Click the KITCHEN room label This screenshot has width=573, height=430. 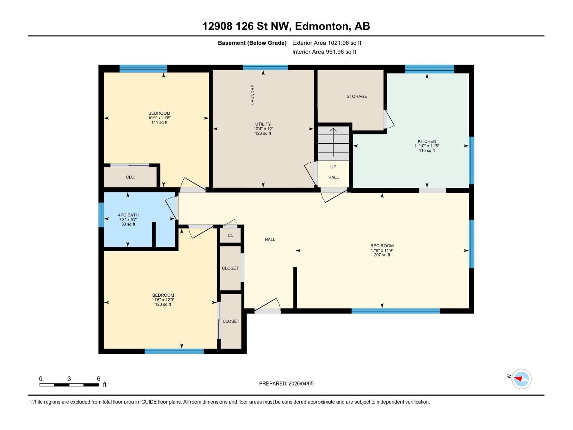(x=427, y=141)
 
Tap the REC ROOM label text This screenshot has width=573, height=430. (x=382, y=246)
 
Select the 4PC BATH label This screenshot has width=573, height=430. (x=128, y=215)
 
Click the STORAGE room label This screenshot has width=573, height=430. (x=357, y=96)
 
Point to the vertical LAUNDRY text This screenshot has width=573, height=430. (x=252, y=95)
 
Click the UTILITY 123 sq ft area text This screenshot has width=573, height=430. (x=263, y=133)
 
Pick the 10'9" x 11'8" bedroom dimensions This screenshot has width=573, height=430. (x=159, y=118)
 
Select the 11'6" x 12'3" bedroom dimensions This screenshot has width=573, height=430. (x=163, y=300)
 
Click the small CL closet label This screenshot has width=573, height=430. (x=230, y=235)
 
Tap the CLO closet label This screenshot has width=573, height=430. (x=130, y=177)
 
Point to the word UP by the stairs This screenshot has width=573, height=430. (x=333, y=167)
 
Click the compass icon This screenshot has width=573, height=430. (x=521, y=379)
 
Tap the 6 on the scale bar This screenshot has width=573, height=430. (x=98, y=379)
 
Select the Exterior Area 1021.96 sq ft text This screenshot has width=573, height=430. (x=327, y=43)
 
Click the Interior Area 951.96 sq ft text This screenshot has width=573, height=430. (x=324, y=52)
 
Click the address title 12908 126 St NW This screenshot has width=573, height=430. (x=247, y=26)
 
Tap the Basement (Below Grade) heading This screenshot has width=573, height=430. (x=252, y=43)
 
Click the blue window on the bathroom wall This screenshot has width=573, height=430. (x=101, y=215)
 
